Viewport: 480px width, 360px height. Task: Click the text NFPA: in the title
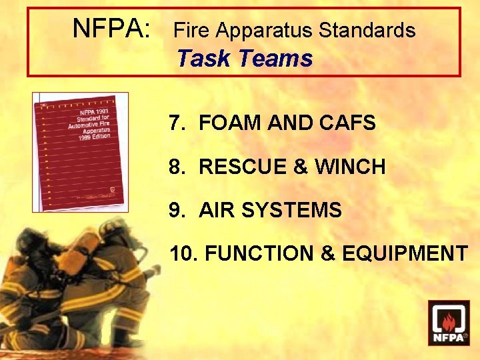point(111,29)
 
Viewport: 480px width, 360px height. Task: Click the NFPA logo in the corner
point(448,323)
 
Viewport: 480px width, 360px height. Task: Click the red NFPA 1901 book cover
point(80,151)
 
